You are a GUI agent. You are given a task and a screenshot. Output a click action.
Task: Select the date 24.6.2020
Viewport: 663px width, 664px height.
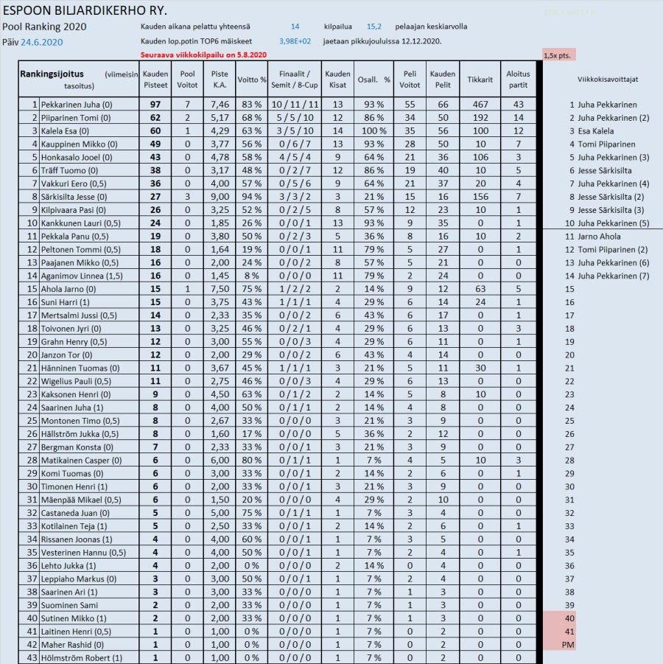click(x=41, y=42)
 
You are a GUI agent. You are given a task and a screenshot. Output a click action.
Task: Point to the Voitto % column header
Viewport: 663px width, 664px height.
click(x=251, y=80)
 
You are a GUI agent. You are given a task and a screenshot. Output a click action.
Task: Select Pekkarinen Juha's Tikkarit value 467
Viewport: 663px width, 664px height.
click(x=480, y=105)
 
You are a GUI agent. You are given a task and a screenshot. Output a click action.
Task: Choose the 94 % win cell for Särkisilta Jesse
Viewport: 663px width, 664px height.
click(x=251, y=197)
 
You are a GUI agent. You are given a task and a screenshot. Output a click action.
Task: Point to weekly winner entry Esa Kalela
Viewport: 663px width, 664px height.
click(x=596, y=131)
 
